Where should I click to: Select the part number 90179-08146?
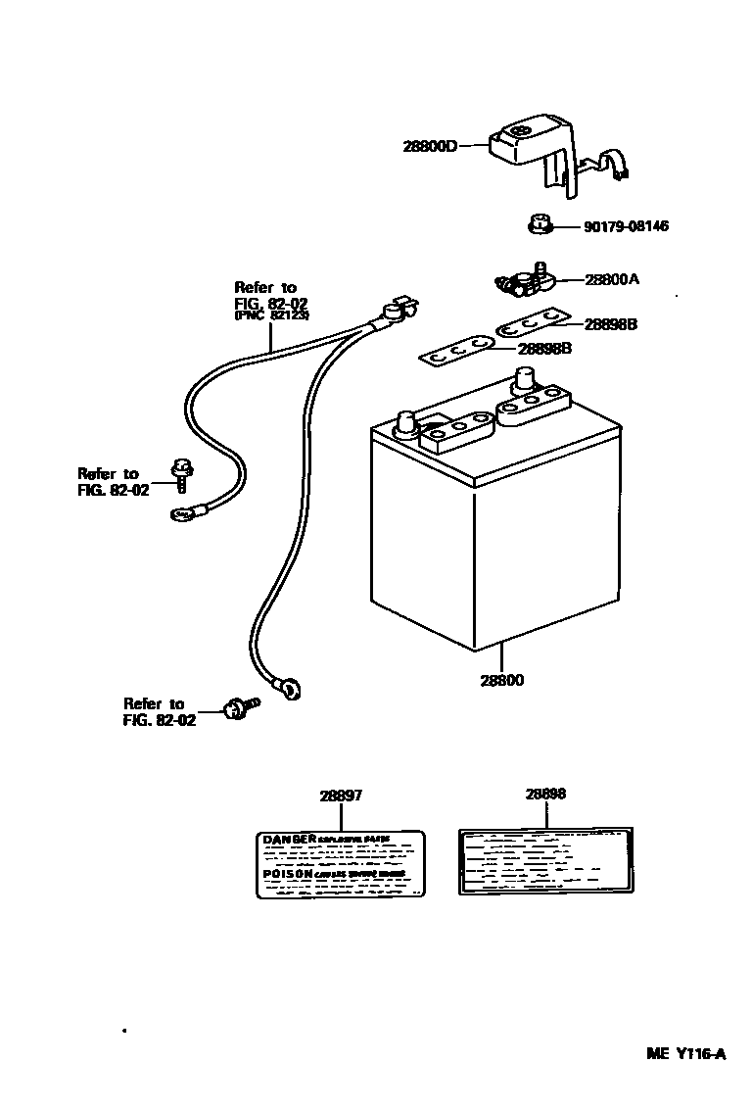pos(626,226)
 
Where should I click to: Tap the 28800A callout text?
pos(612,279)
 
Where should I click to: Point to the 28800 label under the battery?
pos(501,680)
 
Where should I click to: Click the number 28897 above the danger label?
pos(340,795)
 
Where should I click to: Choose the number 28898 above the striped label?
pos(545,795)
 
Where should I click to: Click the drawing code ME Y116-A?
pos(685,1054)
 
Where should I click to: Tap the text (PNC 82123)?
pos(271,316)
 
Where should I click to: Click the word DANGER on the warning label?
pos(289,840)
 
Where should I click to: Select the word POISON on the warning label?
pos(288,872)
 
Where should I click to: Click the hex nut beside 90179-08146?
pos(538,227)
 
